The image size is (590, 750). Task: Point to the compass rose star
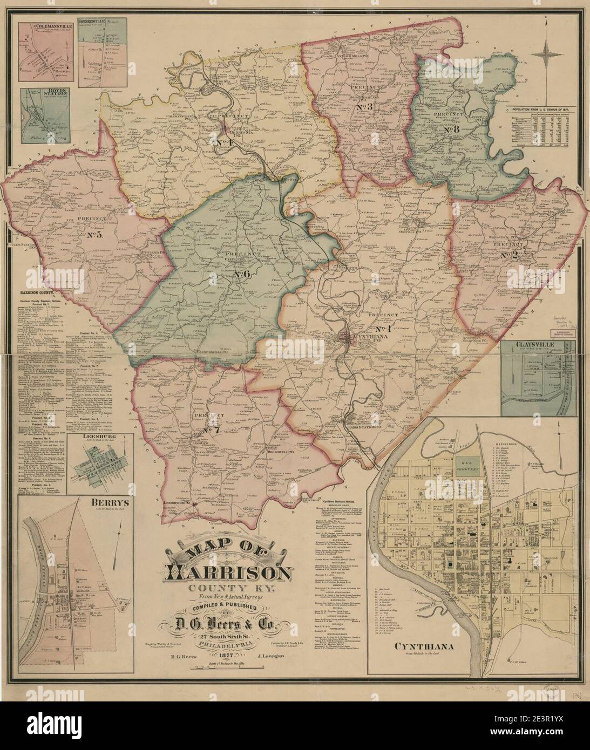click(547, 54)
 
